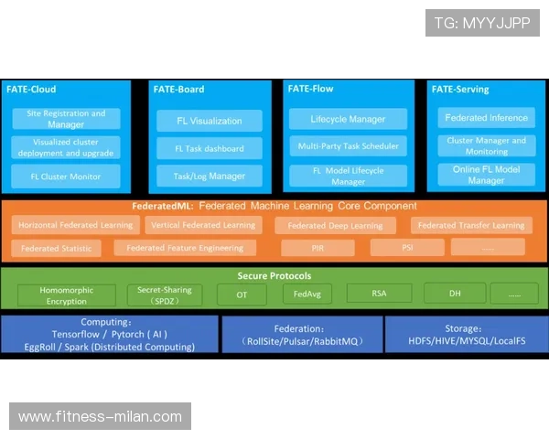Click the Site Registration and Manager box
(66, 119)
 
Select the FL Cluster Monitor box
(66, 177)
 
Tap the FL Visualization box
(210, 121)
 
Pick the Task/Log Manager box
(210, 176)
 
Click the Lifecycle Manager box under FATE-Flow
(348, 119)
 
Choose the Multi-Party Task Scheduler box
(348, 146)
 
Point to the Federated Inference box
(486, 118)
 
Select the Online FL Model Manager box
(486, 175)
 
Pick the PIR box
(318, 247)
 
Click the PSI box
(407, 247)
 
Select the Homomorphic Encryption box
(66, 294)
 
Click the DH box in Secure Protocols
(455, 294)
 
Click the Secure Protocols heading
(274, 275)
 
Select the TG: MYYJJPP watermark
(482, 23)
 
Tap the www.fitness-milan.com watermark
(101, 417)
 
